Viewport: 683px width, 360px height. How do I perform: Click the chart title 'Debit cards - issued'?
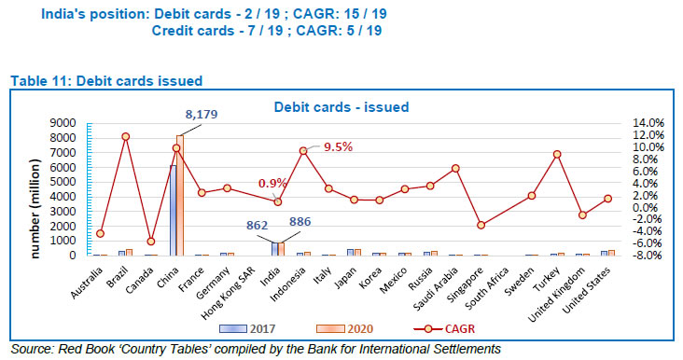[341, 107]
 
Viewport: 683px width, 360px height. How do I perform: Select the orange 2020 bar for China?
[180, 195]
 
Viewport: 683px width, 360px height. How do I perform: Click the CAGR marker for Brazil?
[125, 137]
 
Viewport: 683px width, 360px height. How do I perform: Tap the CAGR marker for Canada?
[151, 242]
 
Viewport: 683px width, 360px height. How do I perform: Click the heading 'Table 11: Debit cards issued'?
[106, 82]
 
